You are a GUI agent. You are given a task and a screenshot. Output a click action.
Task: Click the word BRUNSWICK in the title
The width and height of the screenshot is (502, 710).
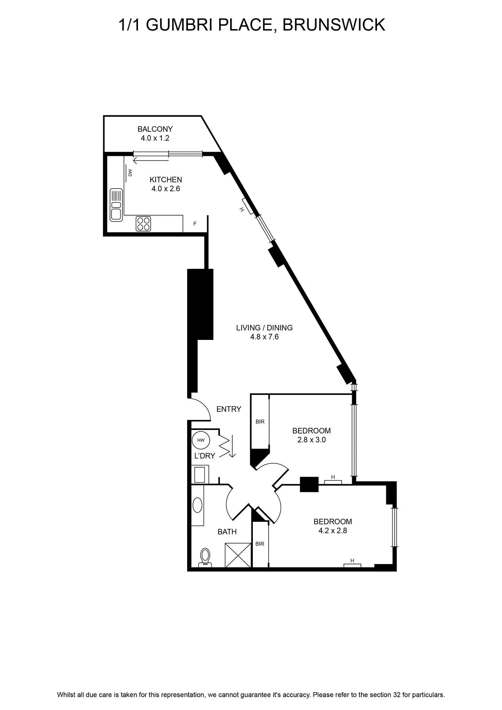[334, 25]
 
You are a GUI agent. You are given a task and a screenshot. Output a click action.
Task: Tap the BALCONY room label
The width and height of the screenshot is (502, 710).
[155, 129]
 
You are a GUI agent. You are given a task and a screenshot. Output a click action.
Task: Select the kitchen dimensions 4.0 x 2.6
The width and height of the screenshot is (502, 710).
[166, 189]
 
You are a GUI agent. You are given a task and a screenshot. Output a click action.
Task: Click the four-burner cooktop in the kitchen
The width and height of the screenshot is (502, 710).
[144, 224]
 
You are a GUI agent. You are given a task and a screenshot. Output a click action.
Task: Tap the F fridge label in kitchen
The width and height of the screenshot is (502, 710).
[195, 224]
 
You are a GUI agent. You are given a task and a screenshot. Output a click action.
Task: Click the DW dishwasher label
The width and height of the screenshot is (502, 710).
[130, 173]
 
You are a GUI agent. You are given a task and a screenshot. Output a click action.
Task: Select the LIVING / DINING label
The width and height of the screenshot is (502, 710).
[264, 327]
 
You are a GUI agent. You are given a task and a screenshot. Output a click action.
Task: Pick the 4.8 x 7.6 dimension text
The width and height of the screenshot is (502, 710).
[264, 337]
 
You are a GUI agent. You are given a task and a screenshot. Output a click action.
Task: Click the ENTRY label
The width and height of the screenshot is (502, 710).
[229, 409]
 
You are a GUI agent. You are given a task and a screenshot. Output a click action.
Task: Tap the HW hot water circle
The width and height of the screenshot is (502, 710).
[201, 440]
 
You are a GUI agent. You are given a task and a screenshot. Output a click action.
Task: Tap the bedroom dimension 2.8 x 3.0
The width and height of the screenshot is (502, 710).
[312, 440]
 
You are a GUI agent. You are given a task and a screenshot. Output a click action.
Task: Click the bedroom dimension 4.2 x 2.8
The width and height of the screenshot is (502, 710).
[333, 531]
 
